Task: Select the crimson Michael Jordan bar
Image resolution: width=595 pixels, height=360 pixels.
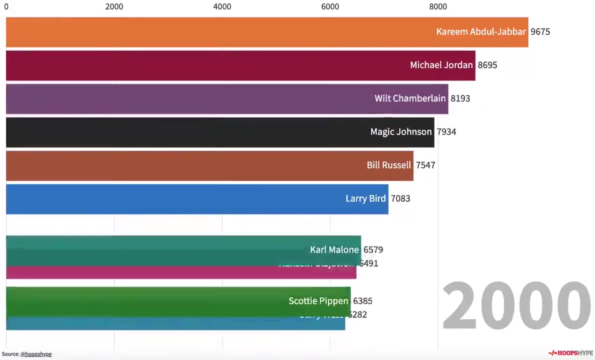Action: click(x=200, y=65)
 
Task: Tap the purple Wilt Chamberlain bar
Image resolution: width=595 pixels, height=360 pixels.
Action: click(x=190, y=99)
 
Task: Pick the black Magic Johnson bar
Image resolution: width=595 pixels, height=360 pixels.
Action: click(x=185, y=132)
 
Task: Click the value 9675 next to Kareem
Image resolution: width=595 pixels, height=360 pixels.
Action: click(x=540, y=32)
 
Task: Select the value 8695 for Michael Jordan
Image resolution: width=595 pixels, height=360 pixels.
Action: click(x=487, y=65)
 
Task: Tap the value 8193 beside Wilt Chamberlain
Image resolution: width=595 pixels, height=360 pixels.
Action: click(x=460, y=98)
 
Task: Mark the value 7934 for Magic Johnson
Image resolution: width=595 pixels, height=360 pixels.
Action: click(x=446, y=132)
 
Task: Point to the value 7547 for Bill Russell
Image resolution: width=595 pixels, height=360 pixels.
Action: click(x=425, y=165)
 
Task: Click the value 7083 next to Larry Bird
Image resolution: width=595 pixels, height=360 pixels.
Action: click(x=400, y=198)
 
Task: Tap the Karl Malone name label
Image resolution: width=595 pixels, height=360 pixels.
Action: click(x=334, y=249)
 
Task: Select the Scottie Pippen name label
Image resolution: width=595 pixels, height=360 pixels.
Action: click(x=318, y=301)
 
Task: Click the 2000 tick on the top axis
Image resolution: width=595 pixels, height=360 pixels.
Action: click(x=114, y=6)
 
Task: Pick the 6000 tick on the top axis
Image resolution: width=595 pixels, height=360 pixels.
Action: click(x=330, y=6)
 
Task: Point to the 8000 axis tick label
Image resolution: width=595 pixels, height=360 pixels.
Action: click(x=438, y=6)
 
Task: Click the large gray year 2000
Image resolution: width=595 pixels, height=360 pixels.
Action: click(x=516, y=305)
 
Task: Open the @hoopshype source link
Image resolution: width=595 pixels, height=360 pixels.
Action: click(x=36, y=354)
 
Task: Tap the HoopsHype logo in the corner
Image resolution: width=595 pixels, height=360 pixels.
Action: click(x=570, y=353)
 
